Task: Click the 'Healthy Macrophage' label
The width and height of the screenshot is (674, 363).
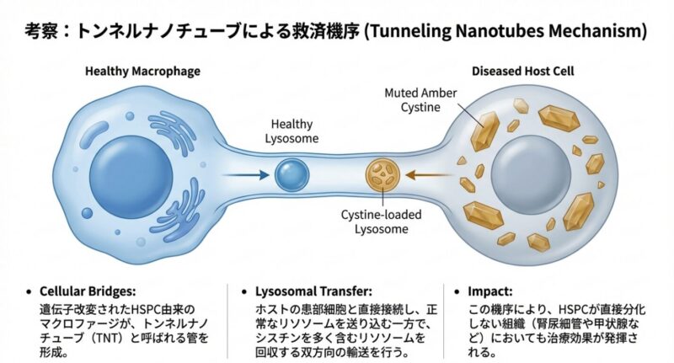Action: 142,72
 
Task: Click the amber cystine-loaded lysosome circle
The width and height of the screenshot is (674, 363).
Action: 379,175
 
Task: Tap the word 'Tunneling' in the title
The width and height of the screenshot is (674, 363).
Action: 415,32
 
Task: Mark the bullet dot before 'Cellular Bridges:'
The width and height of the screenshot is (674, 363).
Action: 31,292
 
